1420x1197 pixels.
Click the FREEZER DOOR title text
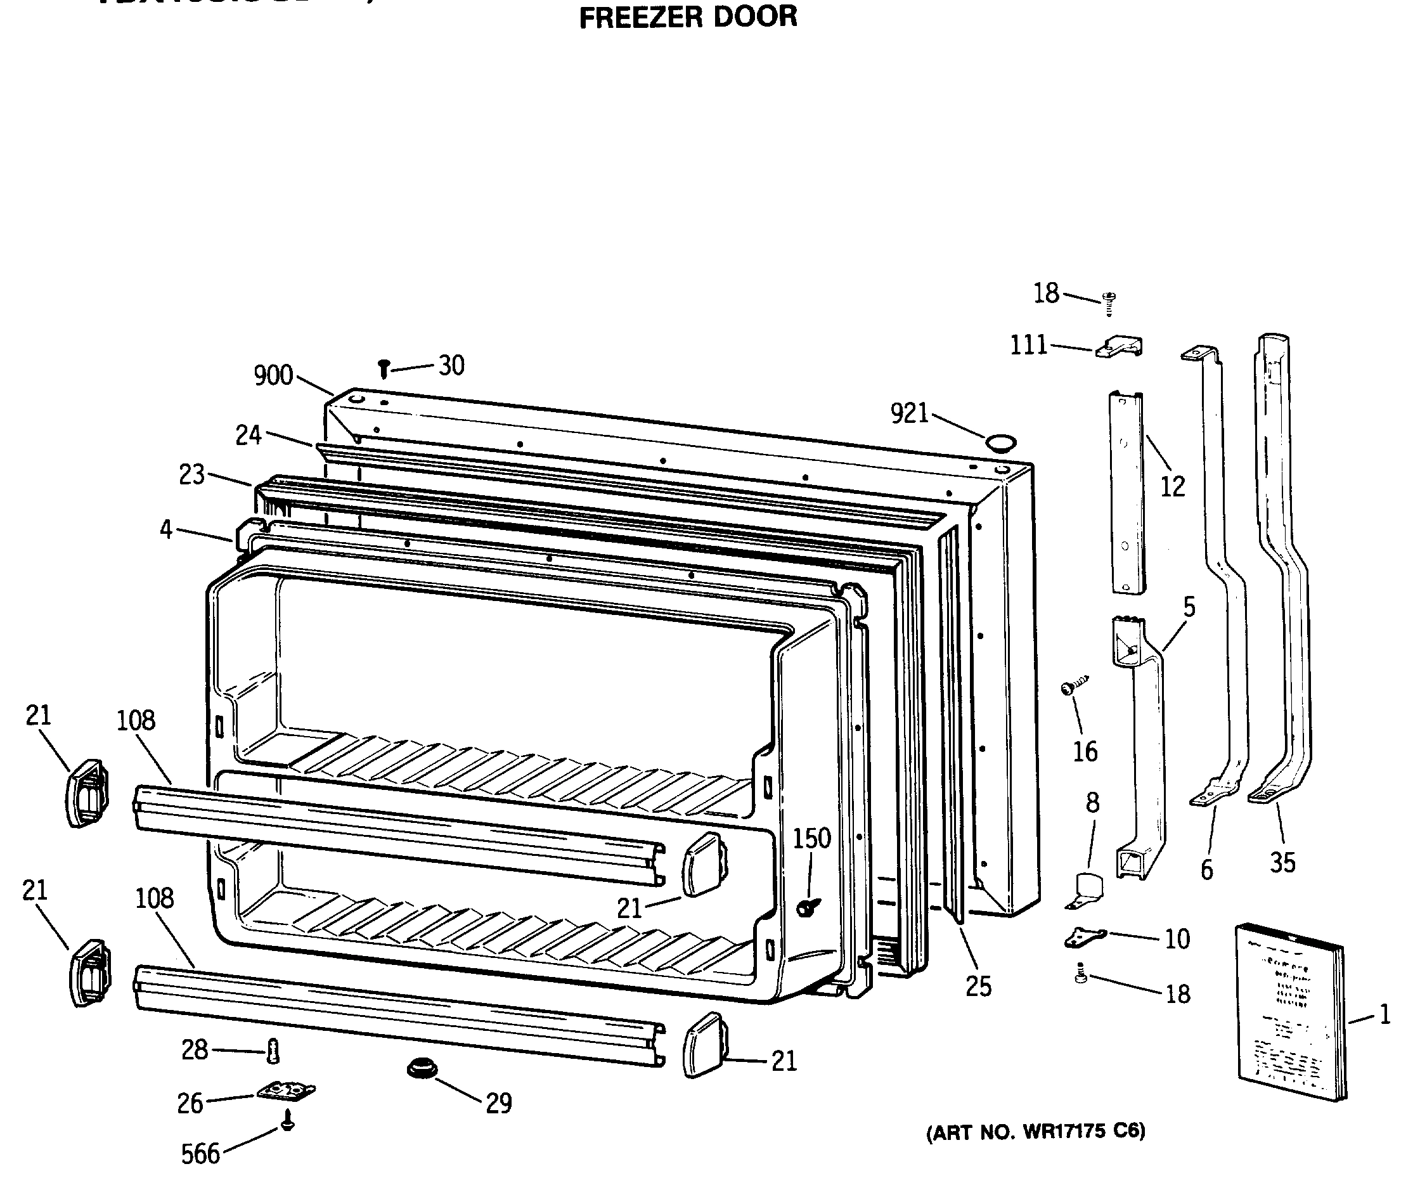click(688, 17)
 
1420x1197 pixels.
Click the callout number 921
click(909, 413)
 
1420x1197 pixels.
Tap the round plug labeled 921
click(1001, 444)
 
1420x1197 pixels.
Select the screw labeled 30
click(384, 369)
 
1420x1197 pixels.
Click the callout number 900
click(273, 375)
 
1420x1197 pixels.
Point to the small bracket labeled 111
click(1120, 347)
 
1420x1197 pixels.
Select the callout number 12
click(1172, 486)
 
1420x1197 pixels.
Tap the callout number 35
click(1282, 863)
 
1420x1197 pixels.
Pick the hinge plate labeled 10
click(1085, 938)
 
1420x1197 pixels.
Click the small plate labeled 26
click(287, 1091)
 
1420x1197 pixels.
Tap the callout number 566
click(200, 1155)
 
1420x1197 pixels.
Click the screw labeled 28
click(273, 1052)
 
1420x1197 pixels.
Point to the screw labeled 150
click(808, 907)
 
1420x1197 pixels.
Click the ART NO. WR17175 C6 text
click(1035, 1132)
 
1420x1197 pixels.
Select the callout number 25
click(978, 987)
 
